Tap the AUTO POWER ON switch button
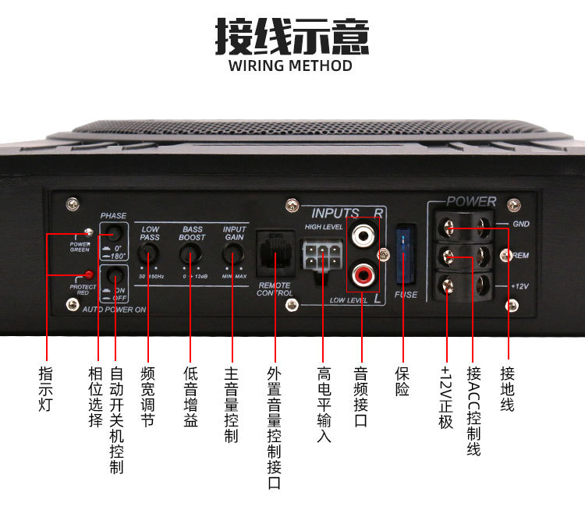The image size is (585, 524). click(x=115, y=275)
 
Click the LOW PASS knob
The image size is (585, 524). click(x=148, y=253)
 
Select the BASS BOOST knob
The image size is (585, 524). click(x=190, y=253)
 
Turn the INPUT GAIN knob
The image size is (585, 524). click(x=232, y=253)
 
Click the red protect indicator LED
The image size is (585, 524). click(x=90, y=274)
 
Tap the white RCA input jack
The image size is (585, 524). click(x=363, y=234)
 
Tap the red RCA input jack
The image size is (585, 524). click(x=363, y=274)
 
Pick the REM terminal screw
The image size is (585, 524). click(x=452, y=256)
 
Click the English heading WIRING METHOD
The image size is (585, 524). click(x=291, y=65)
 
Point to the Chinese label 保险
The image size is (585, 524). click(x=402, y=381)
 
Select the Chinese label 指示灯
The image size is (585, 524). click(x=47, y=388)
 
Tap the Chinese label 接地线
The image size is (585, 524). click(x=508, y=388)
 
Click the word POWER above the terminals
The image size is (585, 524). click(x=471, y=201)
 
